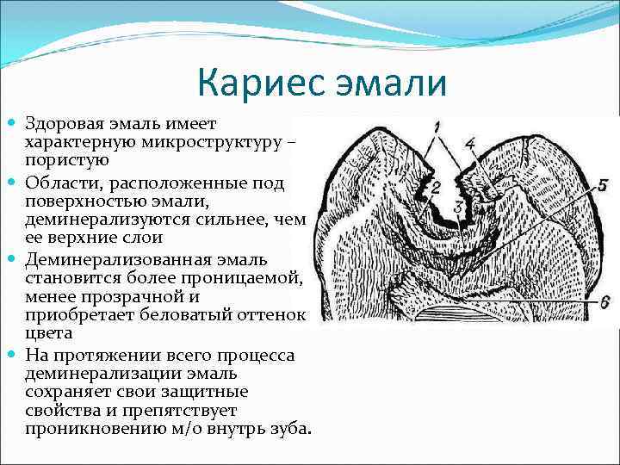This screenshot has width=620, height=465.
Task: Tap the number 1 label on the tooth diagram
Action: [438, 127]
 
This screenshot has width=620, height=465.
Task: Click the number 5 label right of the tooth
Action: [603, 184]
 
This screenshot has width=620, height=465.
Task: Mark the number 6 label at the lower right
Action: [604, 301]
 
